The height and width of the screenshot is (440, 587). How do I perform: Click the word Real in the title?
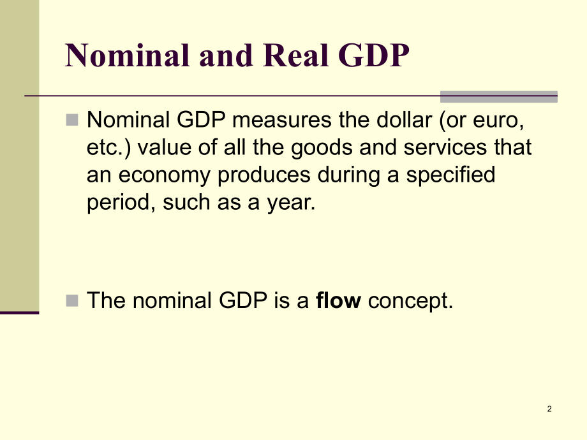(295, 55)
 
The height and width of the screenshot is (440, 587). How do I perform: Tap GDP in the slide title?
(374, 55)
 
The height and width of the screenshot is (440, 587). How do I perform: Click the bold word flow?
(338, 300)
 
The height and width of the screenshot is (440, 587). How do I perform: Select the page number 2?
(549, 409)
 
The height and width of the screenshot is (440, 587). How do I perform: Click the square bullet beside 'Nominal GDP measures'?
(72, 120)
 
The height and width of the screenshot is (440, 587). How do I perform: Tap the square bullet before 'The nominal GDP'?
(72, 300)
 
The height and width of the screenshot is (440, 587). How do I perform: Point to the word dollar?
(404, 120)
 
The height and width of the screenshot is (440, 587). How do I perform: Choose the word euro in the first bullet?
(498, 121)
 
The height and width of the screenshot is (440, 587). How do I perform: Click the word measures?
(282, 121)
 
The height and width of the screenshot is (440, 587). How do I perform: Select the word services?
(445, 147)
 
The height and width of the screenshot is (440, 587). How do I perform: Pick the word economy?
(165, 175)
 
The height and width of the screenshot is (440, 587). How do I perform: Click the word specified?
(450, 175)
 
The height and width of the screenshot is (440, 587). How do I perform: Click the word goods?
(322, 147)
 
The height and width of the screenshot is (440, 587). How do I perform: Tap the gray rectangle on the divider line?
(499, 96)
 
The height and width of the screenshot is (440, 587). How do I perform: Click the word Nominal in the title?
(127, 55)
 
